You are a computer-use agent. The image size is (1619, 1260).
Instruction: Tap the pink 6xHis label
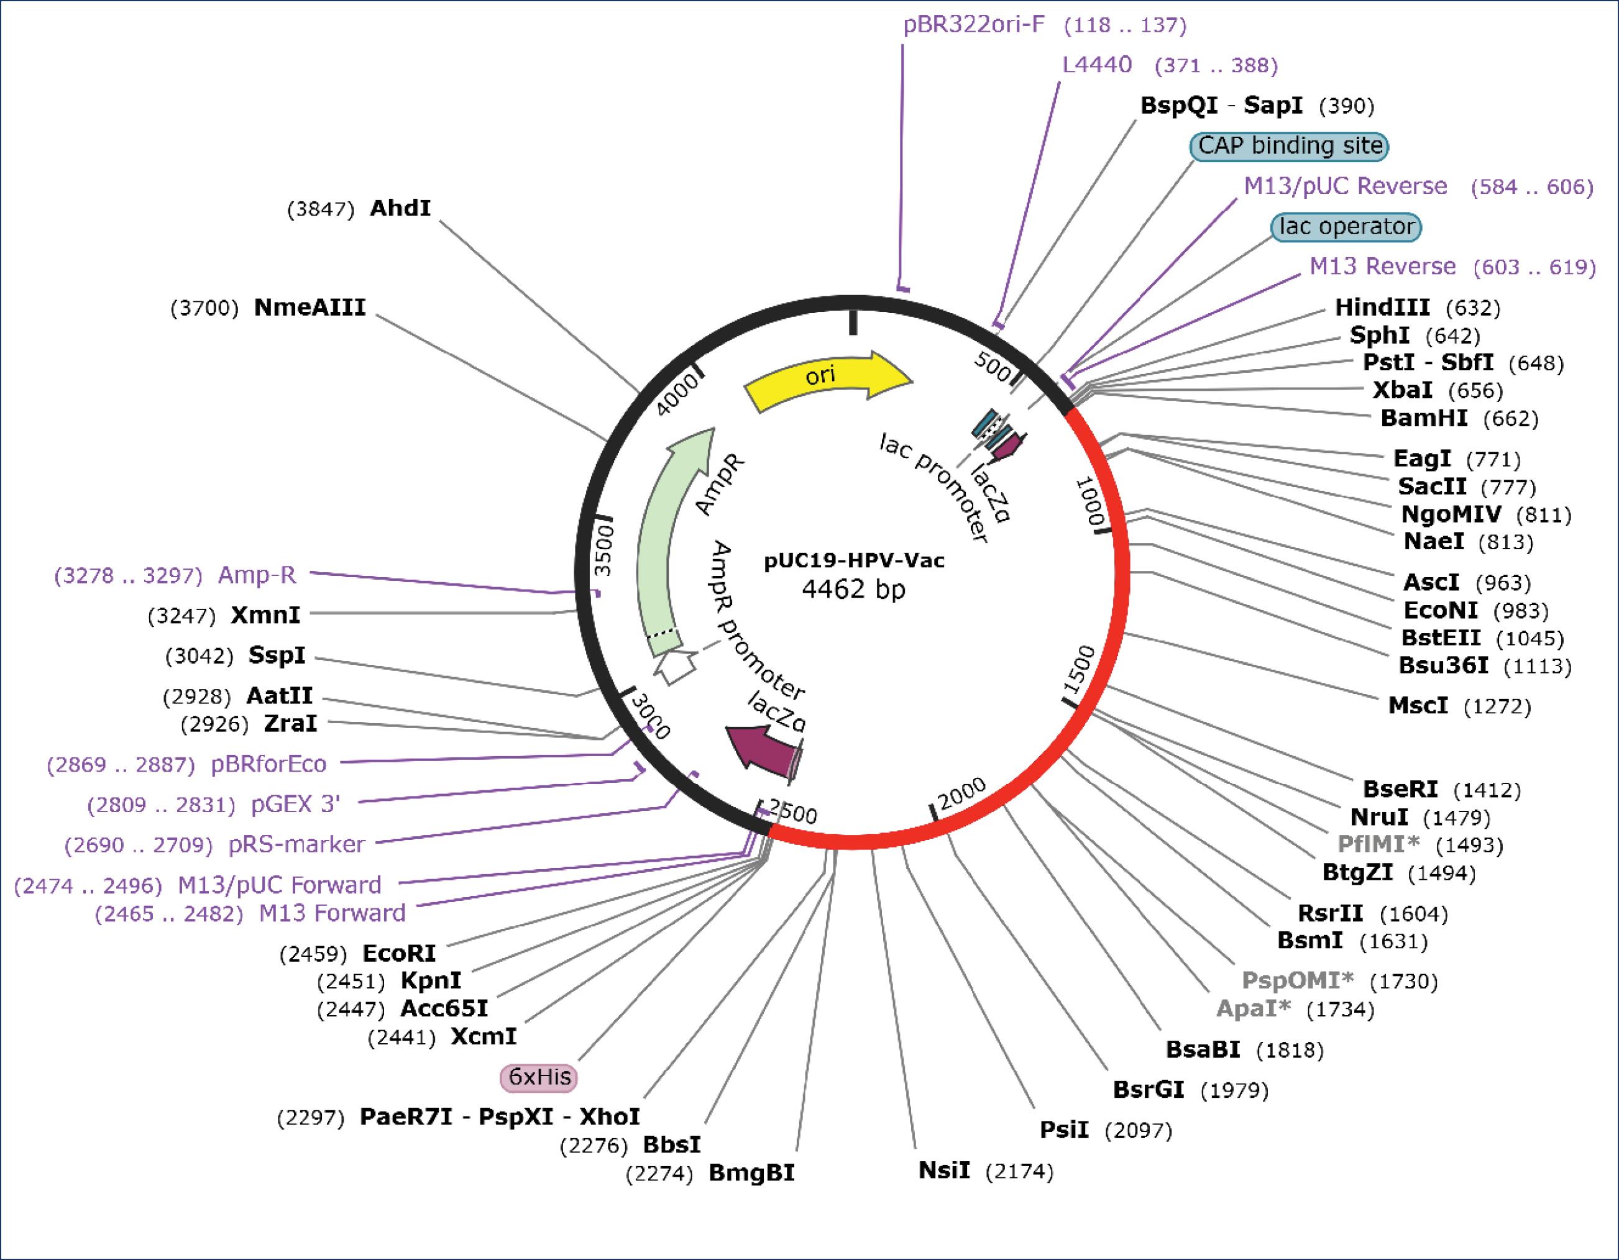pos(539,1076)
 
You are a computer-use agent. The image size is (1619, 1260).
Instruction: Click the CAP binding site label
pos(1289,146)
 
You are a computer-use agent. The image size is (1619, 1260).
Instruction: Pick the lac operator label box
pos(1346,227)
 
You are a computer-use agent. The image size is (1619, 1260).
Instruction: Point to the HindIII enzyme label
pos(1382,307)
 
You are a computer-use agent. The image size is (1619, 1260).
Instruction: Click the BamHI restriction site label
pos(1423,418)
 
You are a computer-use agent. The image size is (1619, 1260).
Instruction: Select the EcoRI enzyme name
pos(399,953)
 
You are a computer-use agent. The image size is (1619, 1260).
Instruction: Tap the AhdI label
pos(400,208)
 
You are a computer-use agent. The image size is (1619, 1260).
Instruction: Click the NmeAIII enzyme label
pos(310,308)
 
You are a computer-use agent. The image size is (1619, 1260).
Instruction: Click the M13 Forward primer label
pos(332,913)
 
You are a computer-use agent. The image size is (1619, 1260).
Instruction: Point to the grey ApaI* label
pos(1254,1009)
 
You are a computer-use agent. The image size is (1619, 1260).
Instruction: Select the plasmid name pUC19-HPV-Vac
pos(854,561)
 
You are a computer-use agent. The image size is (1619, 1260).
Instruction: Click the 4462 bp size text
pos(854,589)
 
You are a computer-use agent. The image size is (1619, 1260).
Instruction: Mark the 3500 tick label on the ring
pos(605,550)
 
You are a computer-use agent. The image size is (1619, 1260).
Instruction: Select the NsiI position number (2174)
pos(1019,1172)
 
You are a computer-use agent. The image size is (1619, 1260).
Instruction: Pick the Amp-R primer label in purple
pos(257,575)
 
